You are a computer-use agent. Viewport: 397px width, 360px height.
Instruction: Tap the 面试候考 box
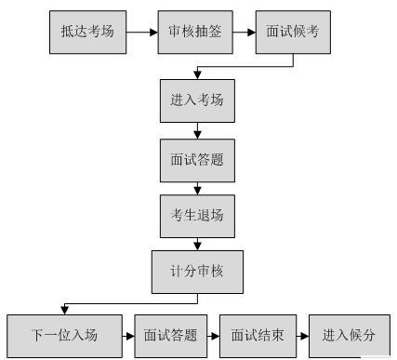coord(295,32)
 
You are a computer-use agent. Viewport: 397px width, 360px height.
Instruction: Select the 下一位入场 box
coord(64,334)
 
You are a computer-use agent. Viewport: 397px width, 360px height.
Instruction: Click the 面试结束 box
coord(258,334)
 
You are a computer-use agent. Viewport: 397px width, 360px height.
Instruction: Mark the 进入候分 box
coord(349,334)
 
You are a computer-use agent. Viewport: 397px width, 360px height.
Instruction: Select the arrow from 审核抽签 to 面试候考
coord(243,32)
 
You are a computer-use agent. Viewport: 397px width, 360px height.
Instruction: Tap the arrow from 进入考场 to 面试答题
coord(198,129)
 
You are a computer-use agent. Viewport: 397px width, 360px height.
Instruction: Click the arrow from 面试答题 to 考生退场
coord(198,189)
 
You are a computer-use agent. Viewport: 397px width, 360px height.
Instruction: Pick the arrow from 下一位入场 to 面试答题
coord(129,334)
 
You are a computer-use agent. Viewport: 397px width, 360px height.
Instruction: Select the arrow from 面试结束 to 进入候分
coord(303,334)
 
